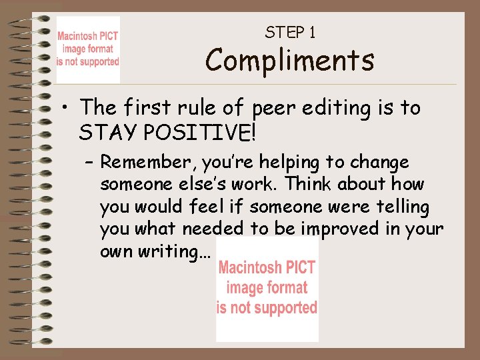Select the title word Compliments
289,60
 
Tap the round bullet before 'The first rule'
67,108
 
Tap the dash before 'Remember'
89,163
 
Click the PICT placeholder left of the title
88,50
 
